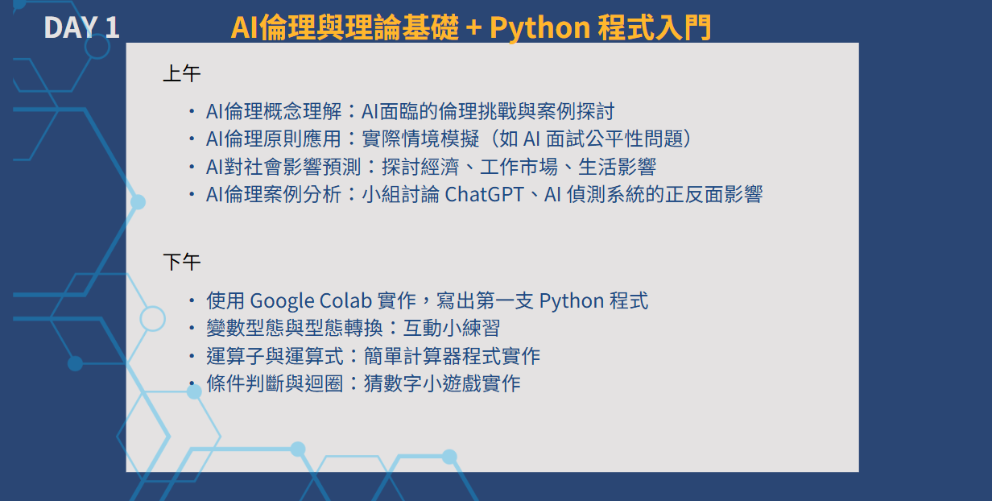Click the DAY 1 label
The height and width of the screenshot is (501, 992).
(81, 27)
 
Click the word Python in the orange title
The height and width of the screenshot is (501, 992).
(539, 28)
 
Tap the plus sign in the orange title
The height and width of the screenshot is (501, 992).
(473, 27)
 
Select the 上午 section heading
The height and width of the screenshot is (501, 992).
(182, 73)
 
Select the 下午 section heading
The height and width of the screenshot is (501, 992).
(182, 263)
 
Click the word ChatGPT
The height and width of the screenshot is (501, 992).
(485, 194)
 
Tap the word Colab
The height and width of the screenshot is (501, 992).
(345, 300)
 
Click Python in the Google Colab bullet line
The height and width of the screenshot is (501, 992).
(572, 301)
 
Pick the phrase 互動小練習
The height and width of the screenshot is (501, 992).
(452, 329)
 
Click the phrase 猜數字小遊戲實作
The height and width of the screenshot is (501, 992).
(442, 383)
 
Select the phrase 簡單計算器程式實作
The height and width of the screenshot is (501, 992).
(452, 356)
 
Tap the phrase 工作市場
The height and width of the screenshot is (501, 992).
(519, 167)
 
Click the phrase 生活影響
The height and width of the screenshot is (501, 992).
(617, 167)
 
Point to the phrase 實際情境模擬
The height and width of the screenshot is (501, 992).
(420, 139)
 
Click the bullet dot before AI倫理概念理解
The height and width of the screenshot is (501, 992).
(192, 112)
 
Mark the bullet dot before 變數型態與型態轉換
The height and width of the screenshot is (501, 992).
(192, 329)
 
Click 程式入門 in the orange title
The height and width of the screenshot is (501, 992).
(654, 27)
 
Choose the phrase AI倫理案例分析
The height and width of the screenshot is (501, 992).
(274, 194)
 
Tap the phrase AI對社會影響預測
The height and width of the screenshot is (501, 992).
(283, 167)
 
